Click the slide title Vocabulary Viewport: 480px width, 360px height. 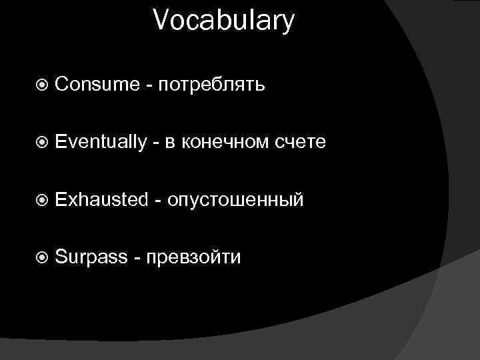(x=223, y=21)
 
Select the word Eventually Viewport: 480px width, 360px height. (x=101, y=142)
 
